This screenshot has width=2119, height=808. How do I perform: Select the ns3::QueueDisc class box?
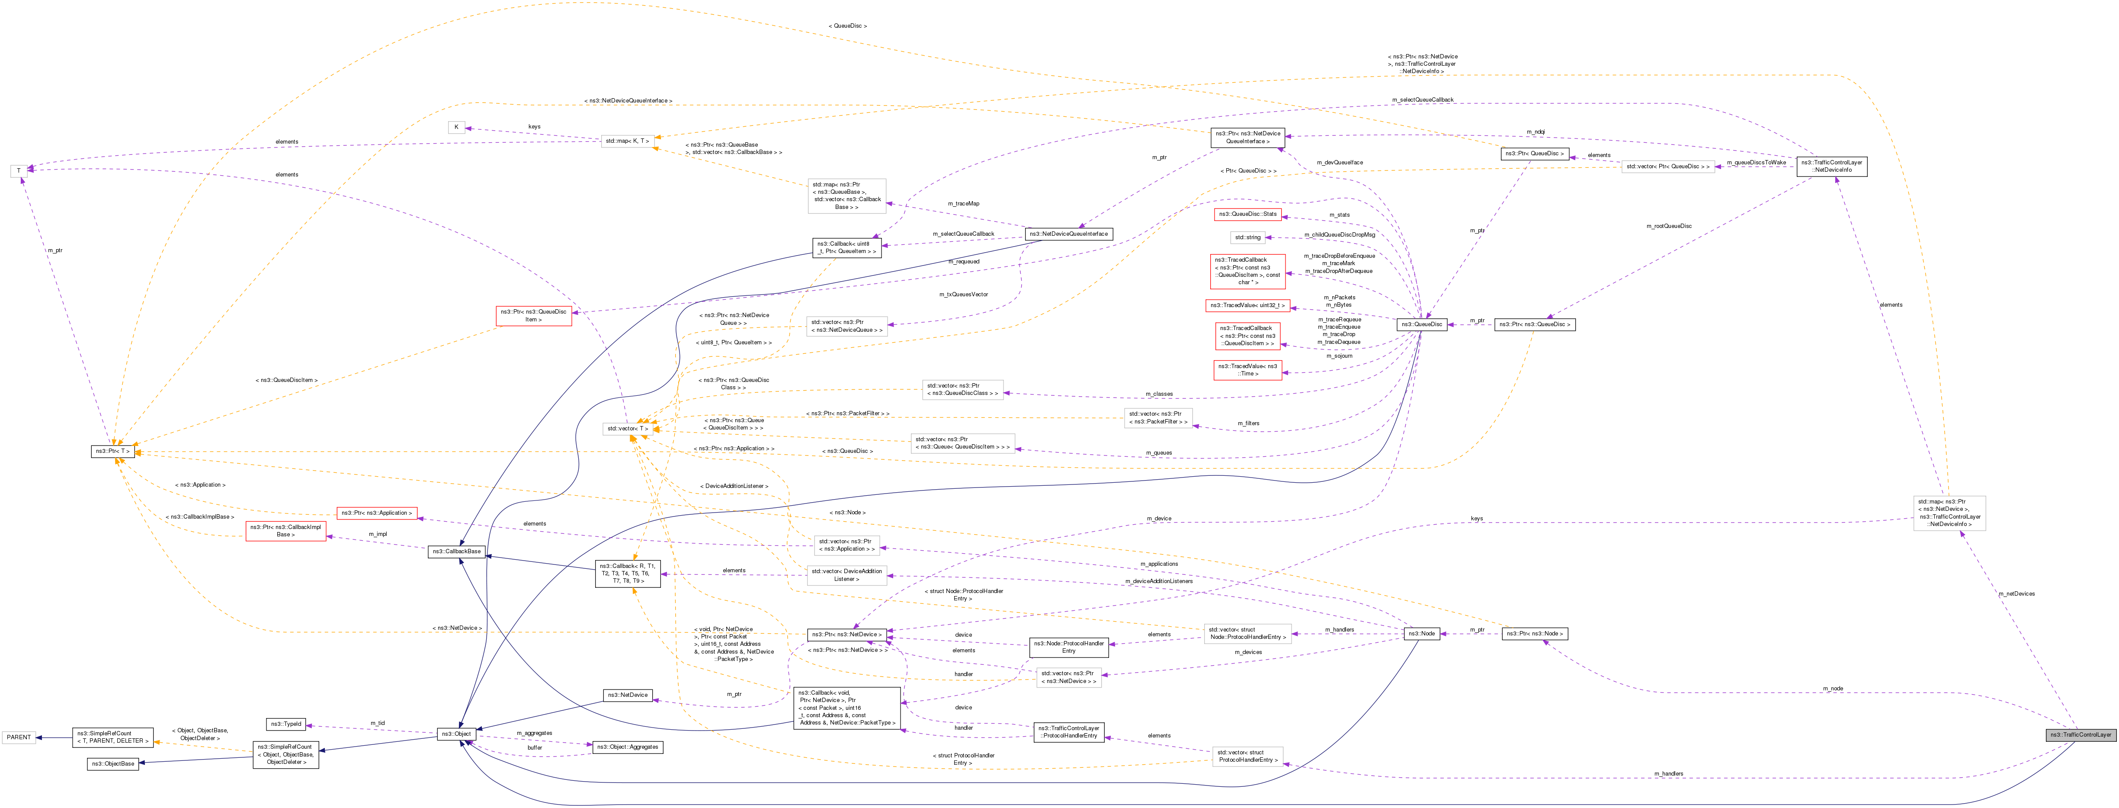coord(1422,324)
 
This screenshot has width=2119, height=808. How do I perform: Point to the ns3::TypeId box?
coord(286,724)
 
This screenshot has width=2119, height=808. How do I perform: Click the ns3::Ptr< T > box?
coord(113,452)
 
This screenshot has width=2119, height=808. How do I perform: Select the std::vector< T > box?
coord(627,429)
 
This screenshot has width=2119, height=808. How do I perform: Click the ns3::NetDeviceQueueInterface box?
coord(1068,234)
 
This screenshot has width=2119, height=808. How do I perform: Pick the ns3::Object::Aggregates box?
coord(627,747)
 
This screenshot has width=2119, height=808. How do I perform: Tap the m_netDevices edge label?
coord(2016,594)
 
